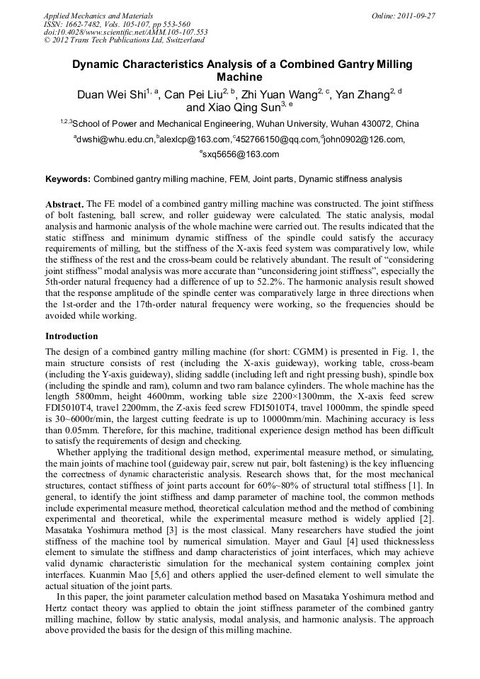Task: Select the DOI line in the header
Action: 125,32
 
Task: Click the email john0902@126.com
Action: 365,139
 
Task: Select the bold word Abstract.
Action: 64,203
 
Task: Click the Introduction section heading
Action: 72,336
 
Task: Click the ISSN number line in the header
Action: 117,24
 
